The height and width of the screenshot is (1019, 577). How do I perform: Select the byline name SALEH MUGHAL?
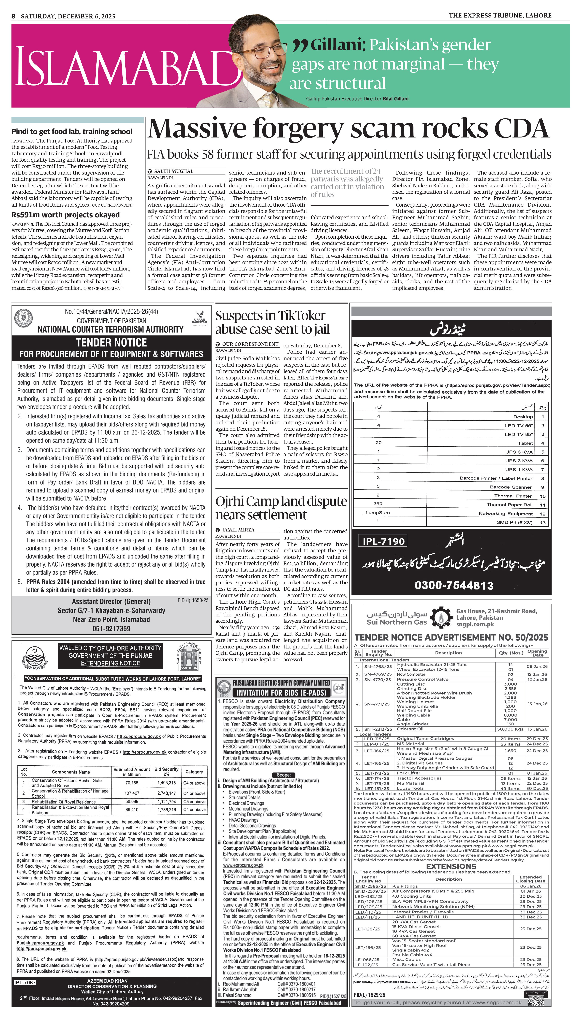(x=174, y=171)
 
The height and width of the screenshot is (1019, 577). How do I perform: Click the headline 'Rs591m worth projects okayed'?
(x=65, y=215)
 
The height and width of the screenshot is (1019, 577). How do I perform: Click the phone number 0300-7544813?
(x=454, y=585)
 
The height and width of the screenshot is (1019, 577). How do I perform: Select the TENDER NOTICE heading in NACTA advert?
(x=111, y=343)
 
